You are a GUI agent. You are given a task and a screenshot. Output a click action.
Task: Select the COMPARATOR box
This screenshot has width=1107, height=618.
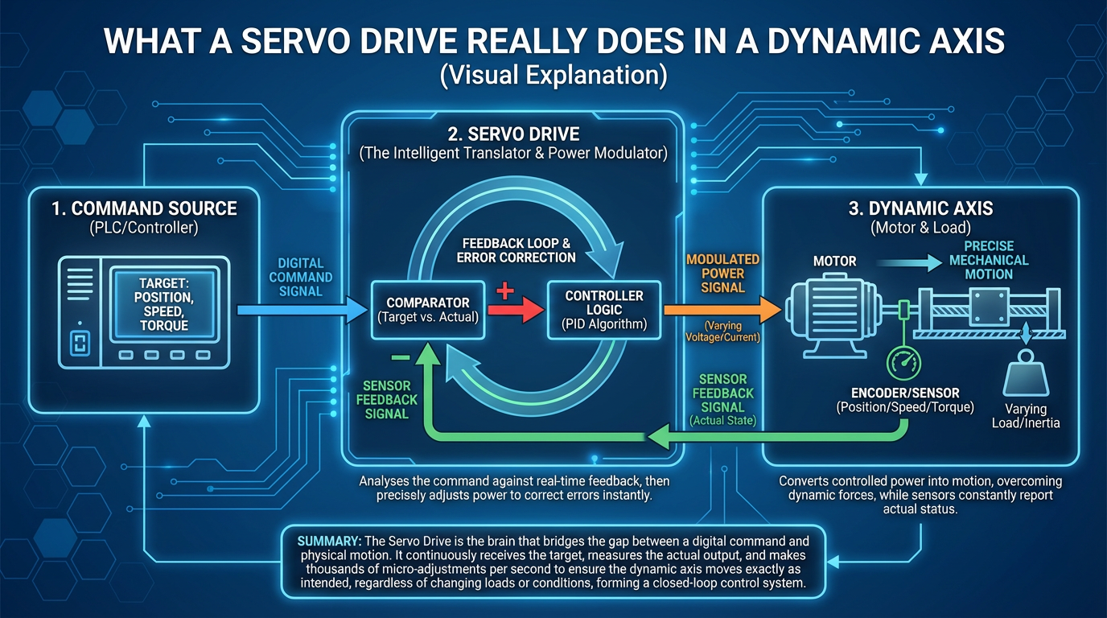point(426,309)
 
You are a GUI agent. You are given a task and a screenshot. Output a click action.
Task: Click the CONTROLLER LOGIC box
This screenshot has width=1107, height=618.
point(603,309)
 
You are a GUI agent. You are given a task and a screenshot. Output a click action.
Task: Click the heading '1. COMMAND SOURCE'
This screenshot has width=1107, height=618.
point(144,208)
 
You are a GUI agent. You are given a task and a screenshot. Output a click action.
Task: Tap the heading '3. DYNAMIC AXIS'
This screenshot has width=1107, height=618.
point(920,208)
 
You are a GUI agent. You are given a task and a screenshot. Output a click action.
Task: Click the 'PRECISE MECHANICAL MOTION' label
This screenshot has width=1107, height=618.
point(989,261)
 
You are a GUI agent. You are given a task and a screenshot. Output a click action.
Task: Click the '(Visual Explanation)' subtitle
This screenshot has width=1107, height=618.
point(553,75)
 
